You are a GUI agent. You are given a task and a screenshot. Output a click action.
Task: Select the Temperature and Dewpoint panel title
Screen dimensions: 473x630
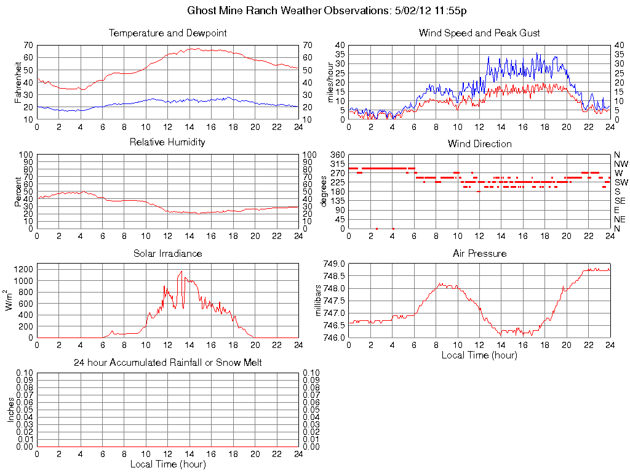[x=168, y=33]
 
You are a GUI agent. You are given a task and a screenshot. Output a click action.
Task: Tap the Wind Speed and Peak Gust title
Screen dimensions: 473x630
[x=479, y=33]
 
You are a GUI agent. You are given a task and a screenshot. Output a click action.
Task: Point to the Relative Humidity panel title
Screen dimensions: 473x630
[x=168, y=142]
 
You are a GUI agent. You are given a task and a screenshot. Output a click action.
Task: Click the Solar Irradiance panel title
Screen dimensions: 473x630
[x=168, y=253]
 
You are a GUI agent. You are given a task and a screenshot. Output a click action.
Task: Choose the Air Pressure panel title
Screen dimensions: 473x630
[x=479, y=253]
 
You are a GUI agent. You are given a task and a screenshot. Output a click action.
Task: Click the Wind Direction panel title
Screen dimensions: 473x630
[x=479, y=144]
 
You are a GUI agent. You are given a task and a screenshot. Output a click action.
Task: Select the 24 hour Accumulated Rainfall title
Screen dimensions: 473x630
[x=168, y=363]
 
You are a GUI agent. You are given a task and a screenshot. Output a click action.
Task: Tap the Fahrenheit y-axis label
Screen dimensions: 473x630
[x=17, y=82]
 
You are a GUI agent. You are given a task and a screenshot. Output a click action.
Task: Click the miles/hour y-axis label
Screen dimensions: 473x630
[x=330, y=82]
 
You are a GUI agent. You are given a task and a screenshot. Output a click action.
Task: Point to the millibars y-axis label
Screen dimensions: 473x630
[x=318, y=301]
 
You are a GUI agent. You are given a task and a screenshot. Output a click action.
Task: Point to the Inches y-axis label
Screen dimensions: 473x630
[x=10, y=410]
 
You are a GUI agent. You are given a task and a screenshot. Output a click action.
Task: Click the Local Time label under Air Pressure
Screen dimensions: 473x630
[x=479, y=355]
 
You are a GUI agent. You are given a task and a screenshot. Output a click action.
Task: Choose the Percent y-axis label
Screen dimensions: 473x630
[x=18, y=192]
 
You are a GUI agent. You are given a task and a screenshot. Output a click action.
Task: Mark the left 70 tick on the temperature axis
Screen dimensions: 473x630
[x=28, y=46]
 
